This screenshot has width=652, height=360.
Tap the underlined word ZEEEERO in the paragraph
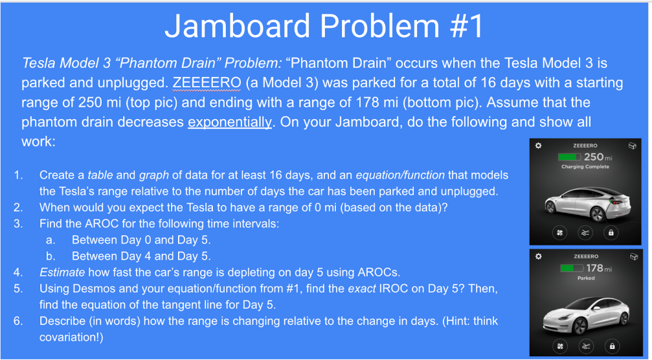point(206,82)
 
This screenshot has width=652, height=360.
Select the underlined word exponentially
point(230,122)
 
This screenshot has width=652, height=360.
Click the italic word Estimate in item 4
point(62,273)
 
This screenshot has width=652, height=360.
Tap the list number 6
point(17,321)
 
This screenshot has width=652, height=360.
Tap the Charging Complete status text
point(585,167)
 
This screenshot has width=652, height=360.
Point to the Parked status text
point(586,278)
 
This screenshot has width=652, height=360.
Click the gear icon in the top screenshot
point(539,146)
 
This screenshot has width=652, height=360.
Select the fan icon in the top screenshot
point(559,233)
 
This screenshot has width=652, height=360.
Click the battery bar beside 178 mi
point(571,268)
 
